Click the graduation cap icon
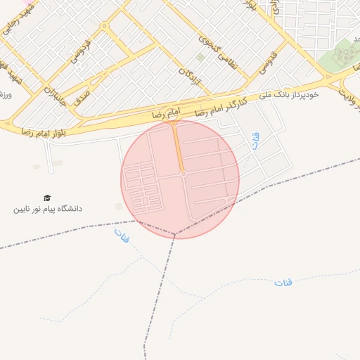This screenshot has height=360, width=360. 47,198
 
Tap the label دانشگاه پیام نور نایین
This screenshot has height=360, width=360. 48,210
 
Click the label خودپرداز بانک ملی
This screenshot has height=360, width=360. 289,94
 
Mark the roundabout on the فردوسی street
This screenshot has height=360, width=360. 105,26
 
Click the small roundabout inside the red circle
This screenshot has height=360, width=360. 183,173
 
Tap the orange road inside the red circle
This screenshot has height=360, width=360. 178,148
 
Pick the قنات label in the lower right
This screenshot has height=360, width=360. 283,283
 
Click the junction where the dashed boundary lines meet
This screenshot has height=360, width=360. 176,233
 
